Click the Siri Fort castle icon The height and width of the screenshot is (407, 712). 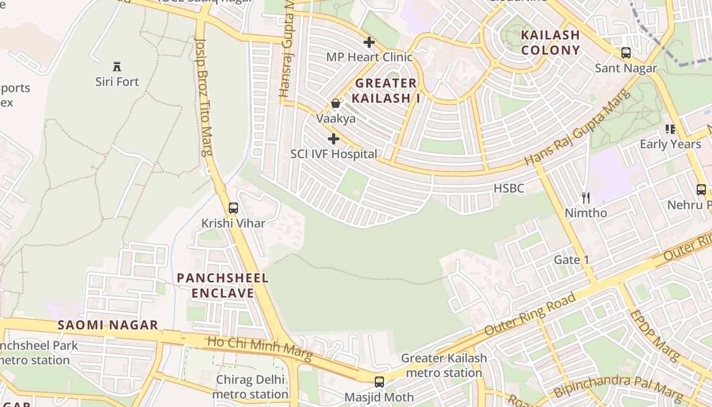117,66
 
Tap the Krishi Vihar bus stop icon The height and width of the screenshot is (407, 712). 233,208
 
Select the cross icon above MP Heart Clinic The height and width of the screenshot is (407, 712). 369,42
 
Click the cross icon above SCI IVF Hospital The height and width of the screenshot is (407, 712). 334,138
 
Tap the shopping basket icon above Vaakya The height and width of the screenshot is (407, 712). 336,103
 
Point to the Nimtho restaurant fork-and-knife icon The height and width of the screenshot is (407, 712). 586,197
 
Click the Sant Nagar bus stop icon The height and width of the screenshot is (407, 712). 626,52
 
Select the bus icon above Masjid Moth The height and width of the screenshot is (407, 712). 379,382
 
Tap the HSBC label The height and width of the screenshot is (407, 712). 509,188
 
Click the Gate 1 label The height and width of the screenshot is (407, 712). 571,260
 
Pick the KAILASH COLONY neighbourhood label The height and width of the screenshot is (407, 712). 550,43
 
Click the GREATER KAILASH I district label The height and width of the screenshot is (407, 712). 387,91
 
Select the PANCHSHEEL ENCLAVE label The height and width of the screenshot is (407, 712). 223,285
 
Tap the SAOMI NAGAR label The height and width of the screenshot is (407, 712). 107,325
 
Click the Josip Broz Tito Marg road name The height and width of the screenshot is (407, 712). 204,97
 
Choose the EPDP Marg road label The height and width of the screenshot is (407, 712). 654,335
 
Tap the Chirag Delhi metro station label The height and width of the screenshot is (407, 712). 250,387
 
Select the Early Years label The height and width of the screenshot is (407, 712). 670,144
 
